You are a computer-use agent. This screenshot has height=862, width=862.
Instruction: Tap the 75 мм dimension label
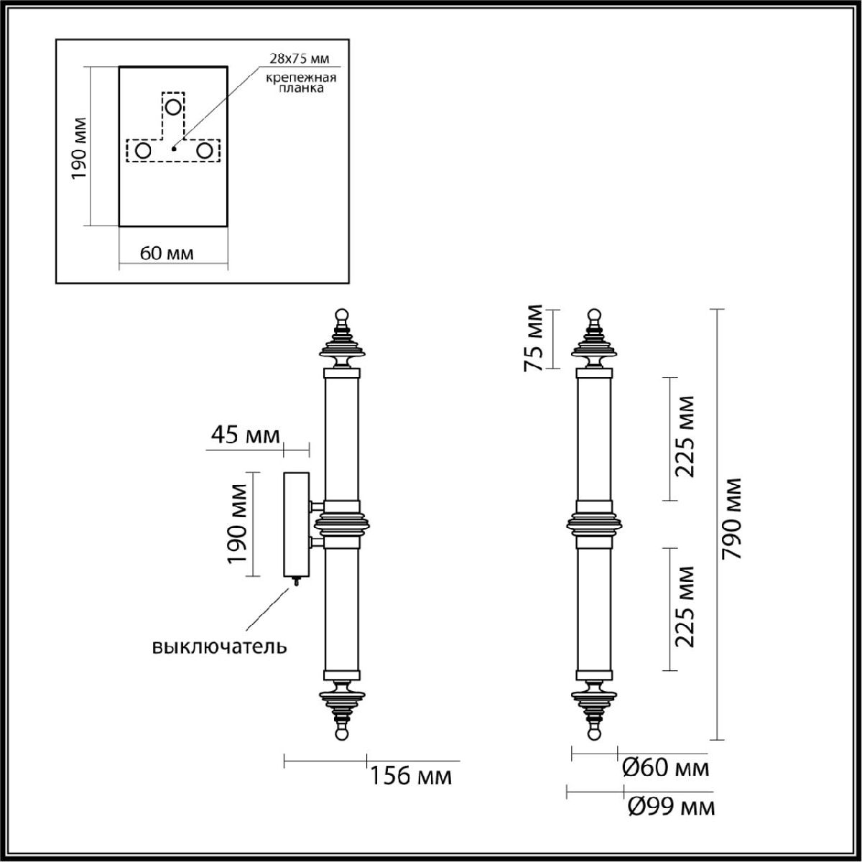click(x=534, y=339)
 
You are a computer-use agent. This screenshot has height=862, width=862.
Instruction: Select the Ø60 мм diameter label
click(x=665, y=768)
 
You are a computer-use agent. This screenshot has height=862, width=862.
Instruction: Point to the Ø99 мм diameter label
click(x=671, y=807)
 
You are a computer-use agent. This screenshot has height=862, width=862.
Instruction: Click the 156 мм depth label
click(x=411, y=777)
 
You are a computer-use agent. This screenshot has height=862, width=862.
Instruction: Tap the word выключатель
click(x=219, y=646)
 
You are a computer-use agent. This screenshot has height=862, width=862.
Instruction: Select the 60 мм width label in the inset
click(x=166, y=253)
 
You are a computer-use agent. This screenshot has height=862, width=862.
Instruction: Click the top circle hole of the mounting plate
click(x=173, y=107)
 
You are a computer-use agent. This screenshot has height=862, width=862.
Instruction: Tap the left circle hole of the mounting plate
click(x=143, y=151)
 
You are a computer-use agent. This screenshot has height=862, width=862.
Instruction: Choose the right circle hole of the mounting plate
click(x=205, y=151)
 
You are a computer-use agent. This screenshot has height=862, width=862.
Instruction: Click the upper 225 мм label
click(x=686, y=437)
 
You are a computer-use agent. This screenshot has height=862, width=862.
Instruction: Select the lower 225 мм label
click(x=686, y=607)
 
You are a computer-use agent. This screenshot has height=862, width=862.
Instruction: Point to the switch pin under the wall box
click(x=294, y=581)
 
